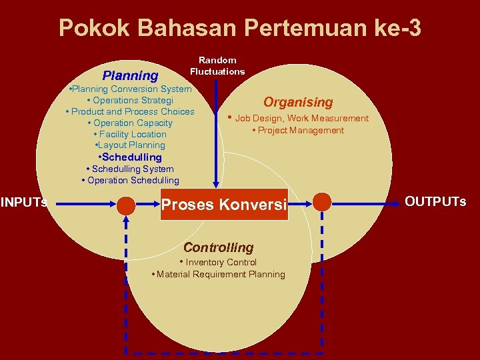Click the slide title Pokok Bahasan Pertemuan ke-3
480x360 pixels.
(240, 29)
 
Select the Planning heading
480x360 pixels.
(130, 75)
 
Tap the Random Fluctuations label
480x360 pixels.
(217, 65)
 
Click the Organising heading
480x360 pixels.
(298, 102)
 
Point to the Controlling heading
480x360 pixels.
(219, 247)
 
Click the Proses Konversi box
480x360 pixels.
(223, 204)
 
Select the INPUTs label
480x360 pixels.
(24, 202)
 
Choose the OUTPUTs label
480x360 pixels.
(435, 201)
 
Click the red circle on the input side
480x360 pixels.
(126, 205)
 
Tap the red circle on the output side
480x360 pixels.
(322, 201)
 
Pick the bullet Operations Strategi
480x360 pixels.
(130, 100)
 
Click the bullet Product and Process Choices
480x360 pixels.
(131, 111)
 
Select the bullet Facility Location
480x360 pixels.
(130, 134)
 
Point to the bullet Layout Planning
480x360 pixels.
(131, 145)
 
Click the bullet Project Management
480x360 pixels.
(298, 130)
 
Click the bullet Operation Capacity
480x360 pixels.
(130, 123)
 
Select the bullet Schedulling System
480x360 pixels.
(130, 169)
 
